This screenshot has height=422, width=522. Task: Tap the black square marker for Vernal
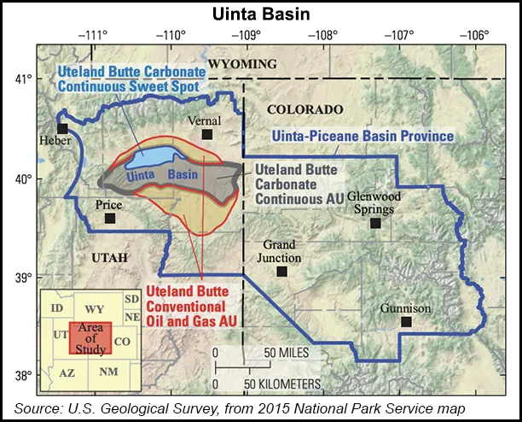[x=207, y=134]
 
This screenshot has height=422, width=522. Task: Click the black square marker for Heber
[x=62, y=128]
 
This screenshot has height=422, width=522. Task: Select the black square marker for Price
[x=110, y=219]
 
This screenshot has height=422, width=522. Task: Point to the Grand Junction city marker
[x=281, y=272]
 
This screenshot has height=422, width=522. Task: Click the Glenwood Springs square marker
[x=374, y=223]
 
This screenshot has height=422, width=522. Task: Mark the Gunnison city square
[x=406, y=321]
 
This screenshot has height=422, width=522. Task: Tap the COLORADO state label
[x=304, y=109]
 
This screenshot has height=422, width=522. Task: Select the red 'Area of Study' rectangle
[x=88, y=334]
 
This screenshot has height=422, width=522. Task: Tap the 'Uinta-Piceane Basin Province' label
[x=362, y=136]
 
